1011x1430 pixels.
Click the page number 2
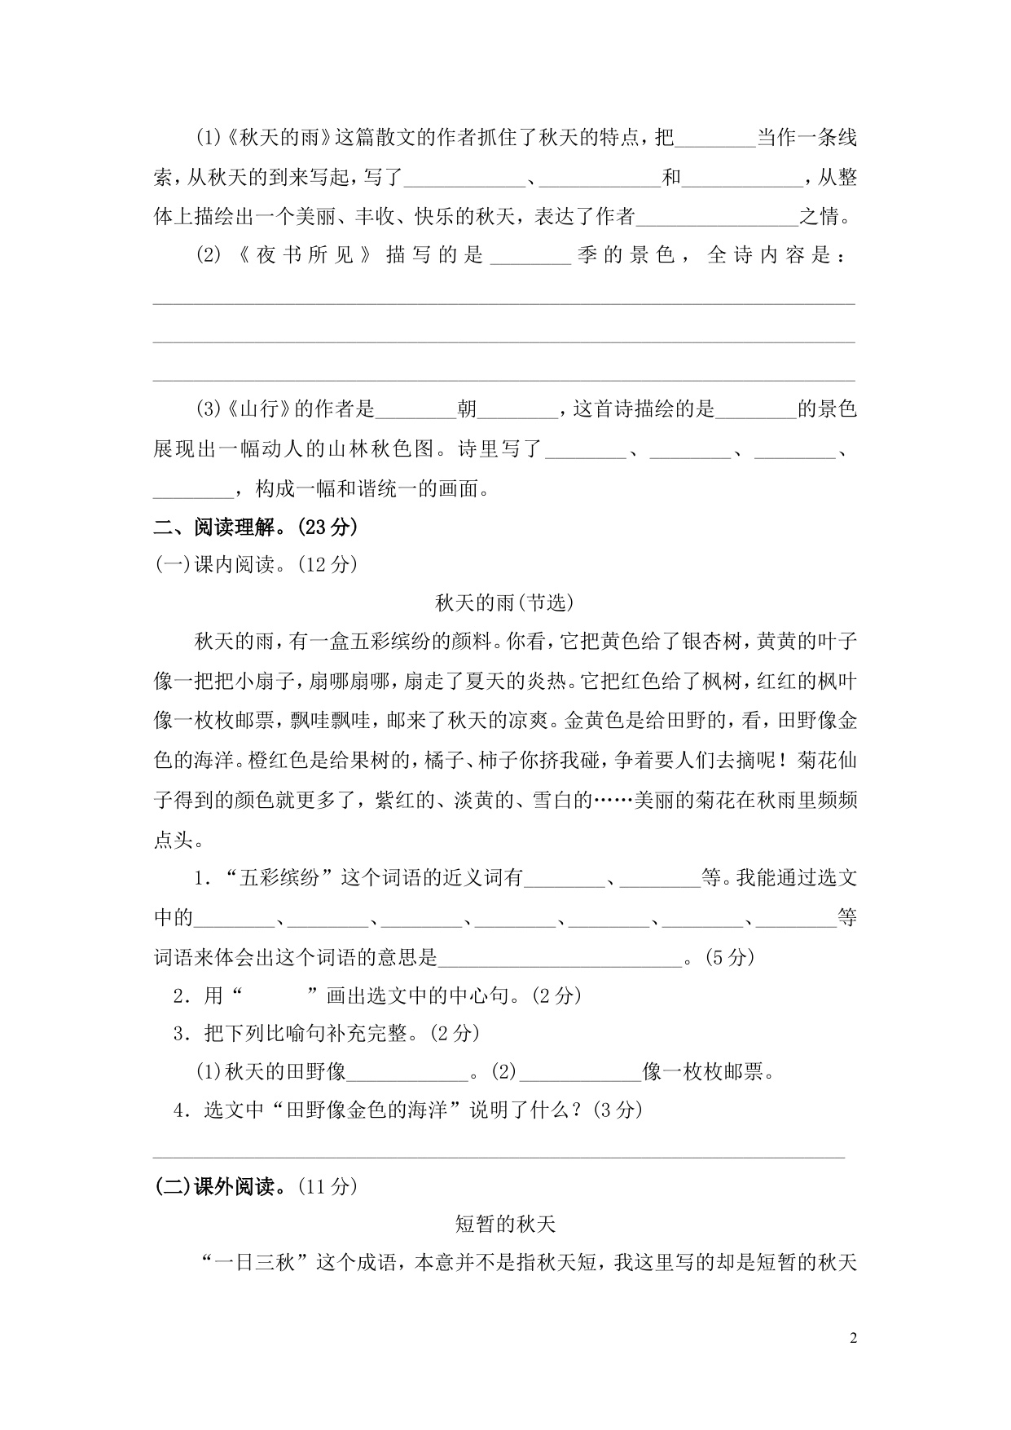(x=853, y=1338)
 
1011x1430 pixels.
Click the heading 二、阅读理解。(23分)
(x=256, y=527)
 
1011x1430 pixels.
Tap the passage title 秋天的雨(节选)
(x=505, y=602)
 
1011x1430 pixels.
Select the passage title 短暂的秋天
(x=505, y=1224)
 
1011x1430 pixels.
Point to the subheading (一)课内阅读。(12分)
(x=256, y=564)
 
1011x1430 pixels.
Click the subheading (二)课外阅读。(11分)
(x=256, y=1186)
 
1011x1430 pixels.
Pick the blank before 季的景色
(x=532, y=258)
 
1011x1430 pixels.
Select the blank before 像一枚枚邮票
(x=581, y=1073)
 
